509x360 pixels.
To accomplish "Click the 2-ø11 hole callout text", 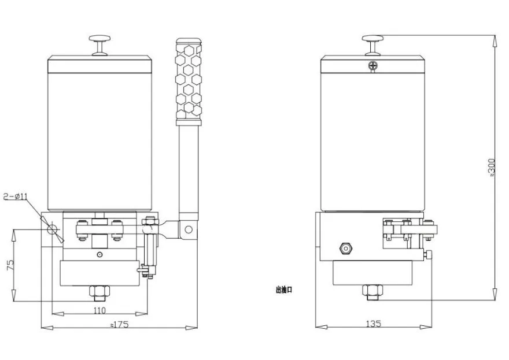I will tap(16, 196).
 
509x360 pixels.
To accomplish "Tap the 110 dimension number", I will tap(99, 310).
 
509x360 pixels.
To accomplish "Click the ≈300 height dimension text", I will tap(492, 168).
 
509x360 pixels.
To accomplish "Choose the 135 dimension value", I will tap(374, 324).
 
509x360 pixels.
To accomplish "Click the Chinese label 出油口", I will tap(283, 290).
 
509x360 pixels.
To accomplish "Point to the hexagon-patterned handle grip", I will tap(188, 81).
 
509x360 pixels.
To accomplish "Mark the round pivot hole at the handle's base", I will tap(187, 229).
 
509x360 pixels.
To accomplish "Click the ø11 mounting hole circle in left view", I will tap(53, 229).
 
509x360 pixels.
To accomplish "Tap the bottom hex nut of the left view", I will tap(99, 292).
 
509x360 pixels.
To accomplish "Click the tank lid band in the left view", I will tap(99, 64).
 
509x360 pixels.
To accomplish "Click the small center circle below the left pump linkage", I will tap(99, 255).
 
